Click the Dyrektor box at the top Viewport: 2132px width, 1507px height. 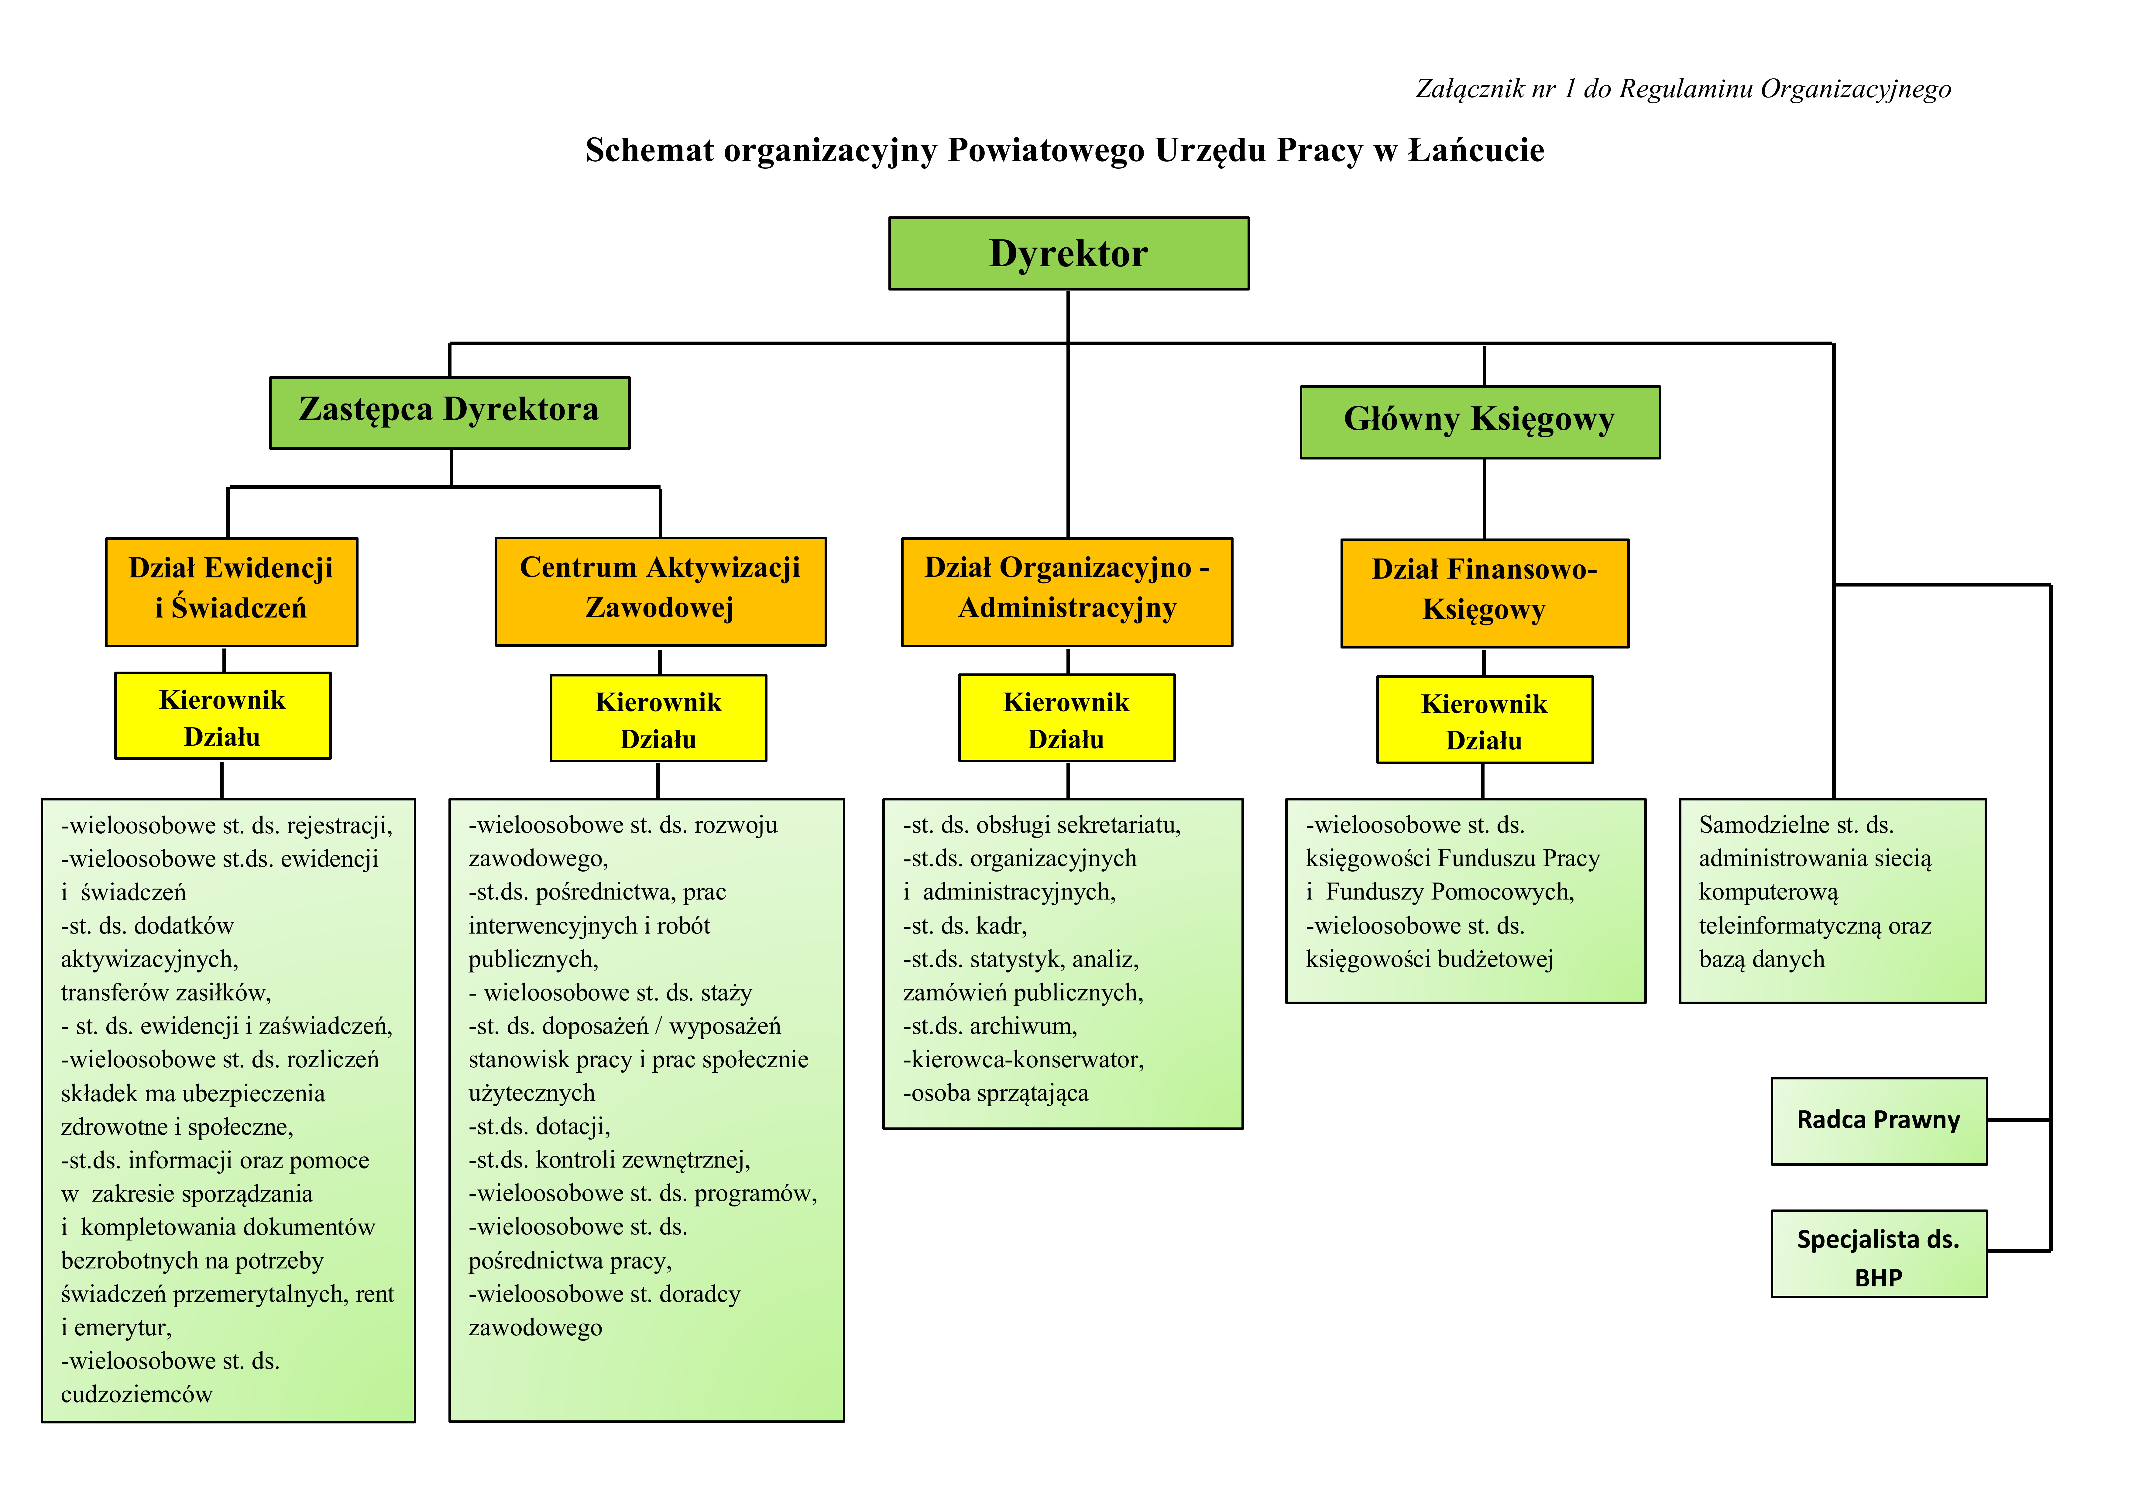point(1069,253)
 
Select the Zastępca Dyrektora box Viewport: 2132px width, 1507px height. point(449,412)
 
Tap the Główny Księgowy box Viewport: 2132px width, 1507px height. point(1480,421)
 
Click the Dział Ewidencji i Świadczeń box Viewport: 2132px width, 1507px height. point(231,591)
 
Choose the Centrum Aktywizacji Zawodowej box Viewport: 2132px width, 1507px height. point(660,590)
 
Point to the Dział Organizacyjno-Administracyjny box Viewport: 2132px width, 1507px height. point(1067,591)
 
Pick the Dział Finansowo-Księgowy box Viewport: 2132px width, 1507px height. point(1485,592)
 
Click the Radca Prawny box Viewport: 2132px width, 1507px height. point(1879,1121)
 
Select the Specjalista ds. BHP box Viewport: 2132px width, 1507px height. point(1879,1254)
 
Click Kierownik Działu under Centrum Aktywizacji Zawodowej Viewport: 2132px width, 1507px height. point(658,718)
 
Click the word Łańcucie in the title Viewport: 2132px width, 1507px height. point(1476,150)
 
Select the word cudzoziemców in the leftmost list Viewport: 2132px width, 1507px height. point(136,1395)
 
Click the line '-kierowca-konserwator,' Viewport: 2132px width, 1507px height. point(1023,1059)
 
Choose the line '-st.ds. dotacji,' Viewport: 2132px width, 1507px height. point(540,1126)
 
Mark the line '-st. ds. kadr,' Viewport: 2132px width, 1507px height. point(965,926)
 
